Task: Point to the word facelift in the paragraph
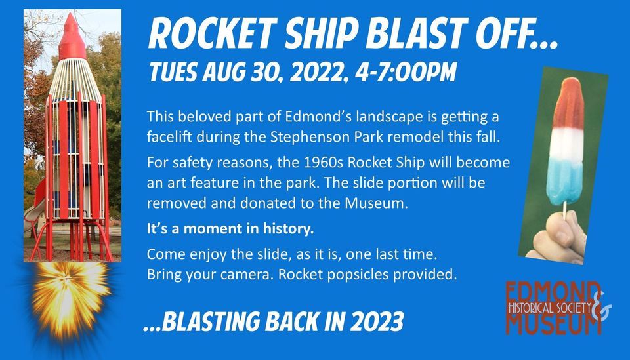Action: (x=172, y=138)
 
